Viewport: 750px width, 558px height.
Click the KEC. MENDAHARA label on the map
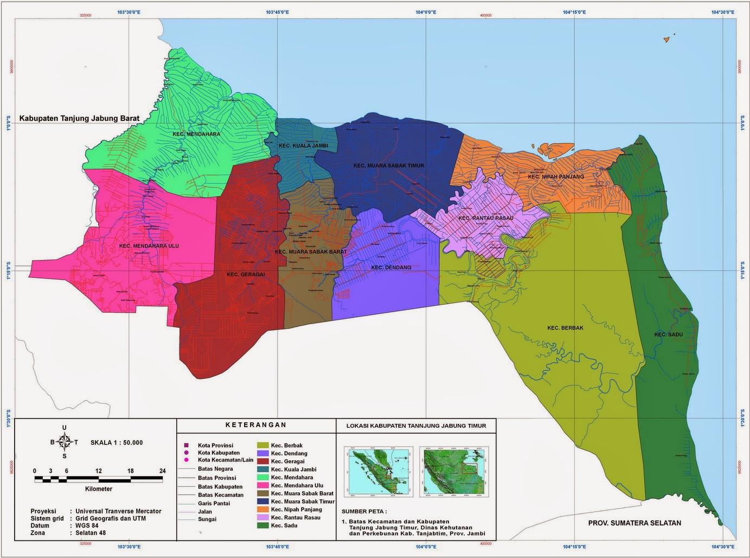[x=196, y=134]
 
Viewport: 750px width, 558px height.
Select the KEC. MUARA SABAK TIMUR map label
[x=388, y=166]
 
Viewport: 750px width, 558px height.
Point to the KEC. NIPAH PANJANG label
[x=556, y=176]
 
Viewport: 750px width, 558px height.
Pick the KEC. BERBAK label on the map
[x=565, y=328]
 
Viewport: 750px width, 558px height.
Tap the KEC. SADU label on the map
[x=668, y=334]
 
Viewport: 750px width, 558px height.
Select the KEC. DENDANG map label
[x=391, y=268]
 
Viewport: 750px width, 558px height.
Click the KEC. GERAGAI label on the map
[x=246, y=275]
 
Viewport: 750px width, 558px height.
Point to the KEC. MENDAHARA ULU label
[x=149, y=246]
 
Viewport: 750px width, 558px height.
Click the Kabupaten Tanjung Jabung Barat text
[x=79, y=118]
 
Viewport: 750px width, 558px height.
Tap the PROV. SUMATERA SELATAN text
[x=634, y=523]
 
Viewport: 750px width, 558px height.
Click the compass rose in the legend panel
[x=65, y=442]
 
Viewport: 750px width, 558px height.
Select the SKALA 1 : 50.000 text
[x=117, y=442]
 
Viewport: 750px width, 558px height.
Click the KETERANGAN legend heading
[x=255, y=425]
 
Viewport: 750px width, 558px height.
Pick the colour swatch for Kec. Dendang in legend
[x=262, y=453]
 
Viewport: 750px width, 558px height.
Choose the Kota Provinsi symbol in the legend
[x=186, y=445]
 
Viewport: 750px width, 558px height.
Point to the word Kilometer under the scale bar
[x=99, y=489]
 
